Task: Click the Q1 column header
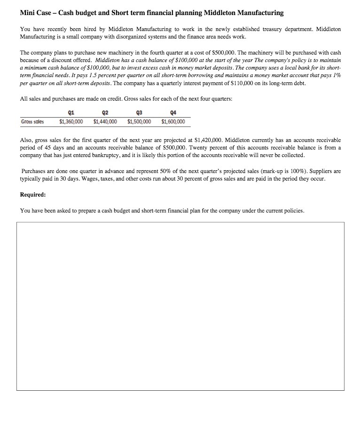[71, 113]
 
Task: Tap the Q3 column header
[139, 113]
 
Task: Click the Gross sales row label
[32, 122]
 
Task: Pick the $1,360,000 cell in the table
[71, 122]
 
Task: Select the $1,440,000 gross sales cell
[105, 122]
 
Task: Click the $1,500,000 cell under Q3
[139, 122]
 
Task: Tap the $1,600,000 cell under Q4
[172, 122]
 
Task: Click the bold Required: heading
[33, 194]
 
